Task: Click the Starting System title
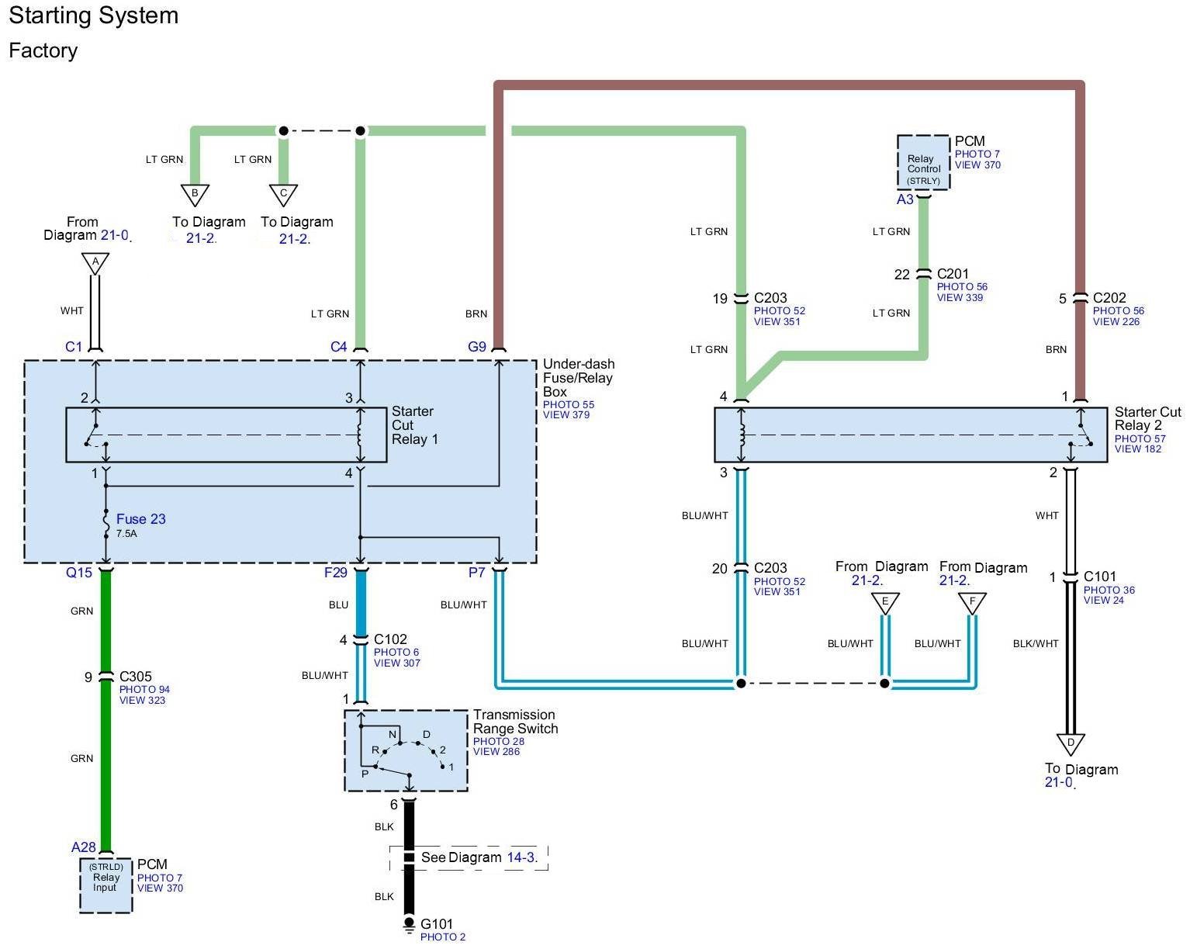point(93,16)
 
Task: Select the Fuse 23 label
point(140,519)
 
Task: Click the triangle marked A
point(95,264)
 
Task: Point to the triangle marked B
point(195,194)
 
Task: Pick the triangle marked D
point(1071,743)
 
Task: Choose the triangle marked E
point(885,602)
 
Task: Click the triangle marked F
point(972,602)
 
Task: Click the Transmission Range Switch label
point(515,722)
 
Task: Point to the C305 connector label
point(136,677)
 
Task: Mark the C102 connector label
point(390,639)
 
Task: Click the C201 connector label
point(953,274)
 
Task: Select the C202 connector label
point(1109,298)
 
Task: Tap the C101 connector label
point(1100,577)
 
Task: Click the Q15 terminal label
point(79,573)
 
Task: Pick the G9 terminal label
point(477,347)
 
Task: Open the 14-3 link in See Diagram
point(521,857)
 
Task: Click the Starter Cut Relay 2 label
point(1147,419)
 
